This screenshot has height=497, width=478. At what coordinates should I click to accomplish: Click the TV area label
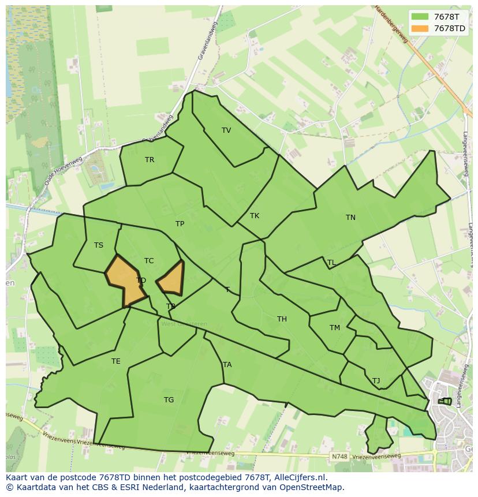point(226,130)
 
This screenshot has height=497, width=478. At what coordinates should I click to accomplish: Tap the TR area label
point(150,160)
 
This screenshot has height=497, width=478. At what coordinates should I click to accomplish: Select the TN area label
point(350,218)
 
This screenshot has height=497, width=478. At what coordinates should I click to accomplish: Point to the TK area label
point(255,216)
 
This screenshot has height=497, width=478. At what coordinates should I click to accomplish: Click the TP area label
point(180,224)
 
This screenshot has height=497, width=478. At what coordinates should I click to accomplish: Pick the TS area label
point(99,245)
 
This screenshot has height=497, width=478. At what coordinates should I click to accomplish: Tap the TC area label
point(149,261)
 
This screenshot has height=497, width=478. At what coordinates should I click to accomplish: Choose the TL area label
point(331,263)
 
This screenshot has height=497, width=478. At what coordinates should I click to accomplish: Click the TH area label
point(282,319)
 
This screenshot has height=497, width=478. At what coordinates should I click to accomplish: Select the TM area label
point(335,328)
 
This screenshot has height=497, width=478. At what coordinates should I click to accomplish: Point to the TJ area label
point(376,381)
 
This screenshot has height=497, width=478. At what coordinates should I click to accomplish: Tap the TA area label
point(227,365)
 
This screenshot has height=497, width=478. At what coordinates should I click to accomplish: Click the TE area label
point(116,361)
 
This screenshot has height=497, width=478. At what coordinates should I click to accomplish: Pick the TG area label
point(169,400)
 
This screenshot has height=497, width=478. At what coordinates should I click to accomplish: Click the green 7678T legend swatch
point(420,17)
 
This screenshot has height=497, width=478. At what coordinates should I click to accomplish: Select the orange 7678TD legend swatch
point(420,28)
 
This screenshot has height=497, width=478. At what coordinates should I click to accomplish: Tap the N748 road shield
point(339,457)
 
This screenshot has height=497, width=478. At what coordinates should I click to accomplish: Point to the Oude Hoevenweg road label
point(63,171)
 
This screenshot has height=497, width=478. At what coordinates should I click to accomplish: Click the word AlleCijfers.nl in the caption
point(300,477)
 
